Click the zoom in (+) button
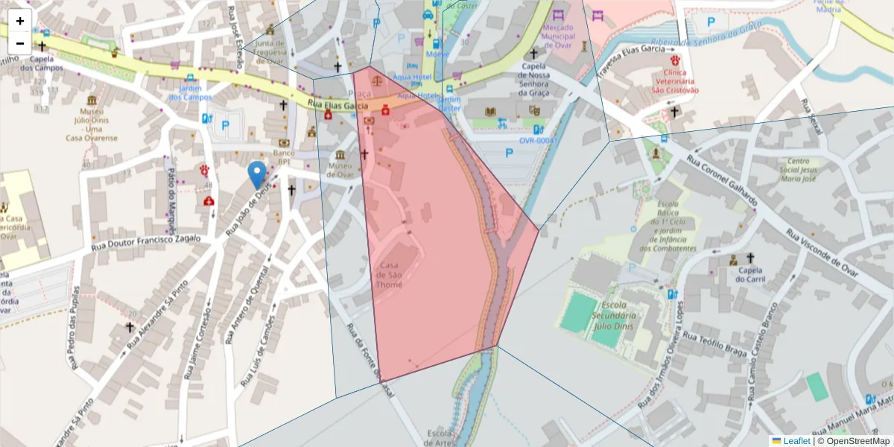click(20, 22)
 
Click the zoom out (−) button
click(20, 43)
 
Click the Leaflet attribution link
click(796, 441)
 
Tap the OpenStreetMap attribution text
click(854, 441)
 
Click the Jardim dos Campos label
click(190, 92)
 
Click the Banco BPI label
click(283, 157)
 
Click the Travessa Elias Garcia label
click(630, 59)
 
